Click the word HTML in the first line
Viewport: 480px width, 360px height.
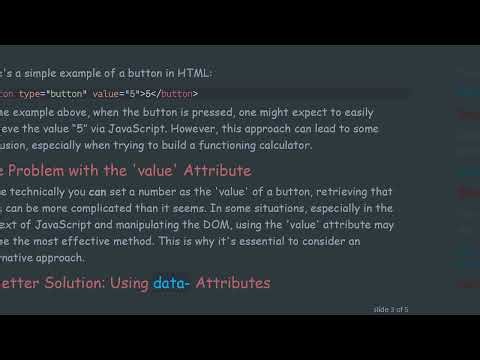coord(194,73)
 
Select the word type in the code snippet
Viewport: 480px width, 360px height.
coord(42,94)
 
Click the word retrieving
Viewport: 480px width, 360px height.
coord(336,191)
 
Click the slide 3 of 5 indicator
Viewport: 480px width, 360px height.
coord(391,310)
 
